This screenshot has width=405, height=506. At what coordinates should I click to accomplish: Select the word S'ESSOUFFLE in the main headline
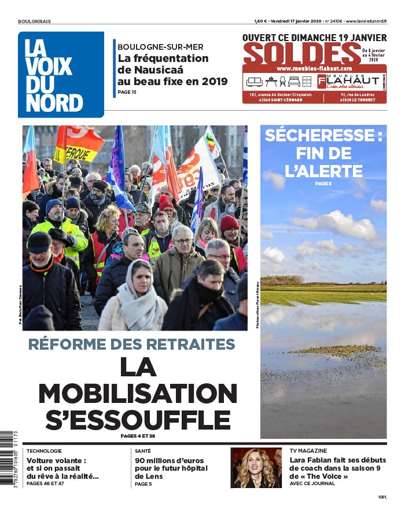[x=138, y=420]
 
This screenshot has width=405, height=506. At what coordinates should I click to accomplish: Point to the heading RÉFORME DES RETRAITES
[x=132, y=344]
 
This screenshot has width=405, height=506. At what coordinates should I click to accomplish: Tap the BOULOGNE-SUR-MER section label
[x=160, y=47]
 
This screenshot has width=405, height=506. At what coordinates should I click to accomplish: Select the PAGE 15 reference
[x=127, y=92]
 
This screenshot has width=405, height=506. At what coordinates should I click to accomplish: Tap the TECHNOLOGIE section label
[x=44, y=450]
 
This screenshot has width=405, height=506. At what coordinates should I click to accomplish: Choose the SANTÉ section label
[x=143, y=450]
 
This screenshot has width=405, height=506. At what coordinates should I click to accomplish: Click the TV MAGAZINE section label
[x=308, y=450]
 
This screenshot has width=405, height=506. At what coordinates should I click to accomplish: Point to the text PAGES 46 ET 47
[x=45, y=483]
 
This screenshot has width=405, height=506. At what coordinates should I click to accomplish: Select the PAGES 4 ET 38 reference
[x=138, y=436]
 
